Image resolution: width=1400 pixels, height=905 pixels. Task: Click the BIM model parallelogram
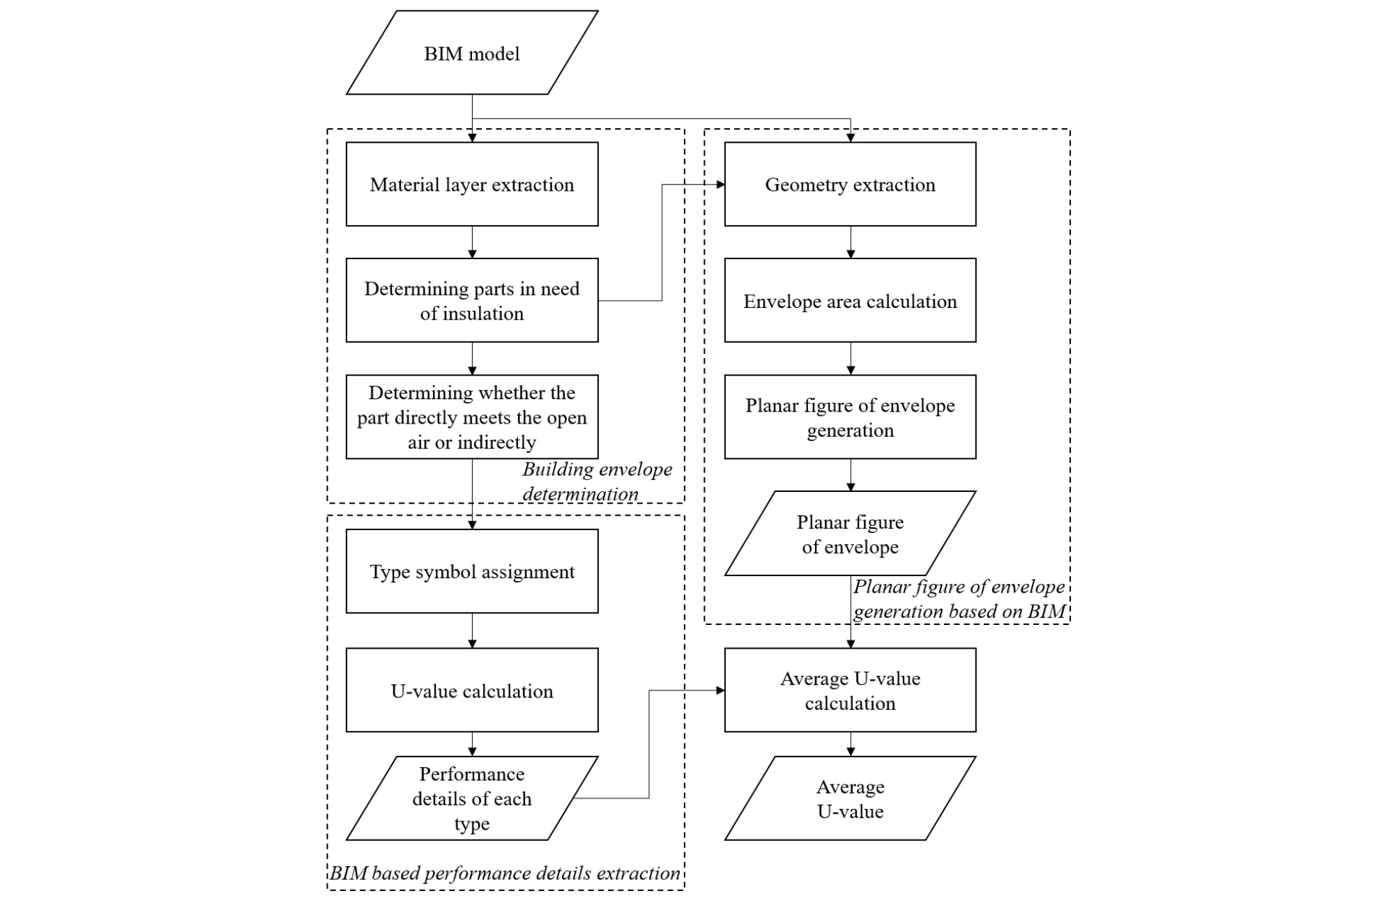(x=472, y=53)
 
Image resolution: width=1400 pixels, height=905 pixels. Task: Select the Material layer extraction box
(x=472, y=184)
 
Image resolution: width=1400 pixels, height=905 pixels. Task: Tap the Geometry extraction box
(x=850, y=184)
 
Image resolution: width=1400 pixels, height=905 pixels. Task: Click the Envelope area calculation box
(x=850, y=300)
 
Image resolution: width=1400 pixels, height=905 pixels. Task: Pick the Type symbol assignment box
(x=472, y=571)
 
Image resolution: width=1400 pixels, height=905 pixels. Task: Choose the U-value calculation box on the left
(x=472, y=690)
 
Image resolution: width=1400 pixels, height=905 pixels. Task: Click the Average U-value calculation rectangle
(x=850, y=690)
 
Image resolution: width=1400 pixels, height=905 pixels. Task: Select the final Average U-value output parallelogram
(x=850, y=798)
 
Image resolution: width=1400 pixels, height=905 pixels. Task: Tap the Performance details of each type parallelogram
(x=472, y=798)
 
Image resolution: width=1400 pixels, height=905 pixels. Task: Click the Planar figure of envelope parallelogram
(x=850, y=534)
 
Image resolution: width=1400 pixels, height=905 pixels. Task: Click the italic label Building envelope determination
(x=597, y=481)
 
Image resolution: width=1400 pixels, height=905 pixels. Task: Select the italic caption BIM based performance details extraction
(x=505, y=873)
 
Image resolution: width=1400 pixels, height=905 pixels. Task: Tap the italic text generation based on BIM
(x=959, y=612)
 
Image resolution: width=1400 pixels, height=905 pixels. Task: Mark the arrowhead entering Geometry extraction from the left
(x=721, y=184)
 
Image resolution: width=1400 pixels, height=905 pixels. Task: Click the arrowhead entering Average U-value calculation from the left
(x=721, y=690)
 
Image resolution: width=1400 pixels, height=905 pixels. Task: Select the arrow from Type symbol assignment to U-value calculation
(x=472, y=631)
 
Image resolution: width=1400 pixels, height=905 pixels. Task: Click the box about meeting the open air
(x=472, y=417)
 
